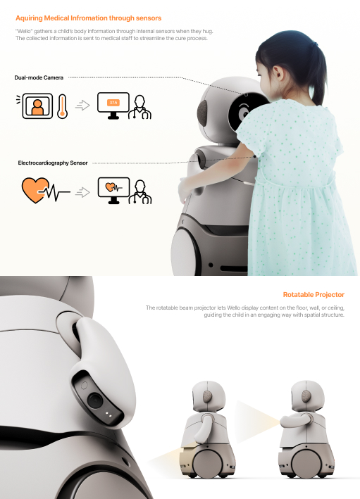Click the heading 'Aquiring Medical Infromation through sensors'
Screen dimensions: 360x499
pos(88,18)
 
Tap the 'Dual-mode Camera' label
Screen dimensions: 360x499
pos(39,77)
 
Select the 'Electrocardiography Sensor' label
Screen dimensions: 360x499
pos(53,163)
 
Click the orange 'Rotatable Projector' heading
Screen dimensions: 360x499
pos(314,295)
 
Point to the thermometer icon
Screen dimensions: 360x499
pos(62,106)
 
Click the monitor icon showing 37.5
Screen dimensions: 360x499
pos(113,106)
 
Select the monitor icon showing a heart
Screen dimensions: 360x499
pos(113,190)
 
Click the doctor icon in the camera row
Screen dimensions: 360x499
pos(140,107)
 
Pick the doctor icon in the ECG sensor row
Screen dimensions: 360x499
pos(140,192)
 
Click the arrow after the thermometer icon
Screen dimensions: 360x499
pos(82,106)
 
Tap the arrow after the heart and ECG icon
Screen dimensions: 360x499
pos(82,192)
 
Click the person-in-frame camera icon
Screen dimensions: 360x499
pos(37,106)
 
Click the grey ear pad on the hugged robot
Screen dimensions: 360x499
pos(203,113)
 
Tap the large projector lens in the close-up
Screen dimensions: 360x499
pos(95,400)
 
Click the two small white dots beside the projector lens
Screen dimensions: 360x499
pos(108,415)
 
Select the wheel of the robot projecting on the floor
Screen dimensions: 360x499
pos(207,462)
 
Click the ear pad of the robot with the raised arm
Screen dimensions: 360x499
pos(306,396)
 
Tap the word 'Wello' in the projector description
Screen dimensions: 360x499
pos(233,308)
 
